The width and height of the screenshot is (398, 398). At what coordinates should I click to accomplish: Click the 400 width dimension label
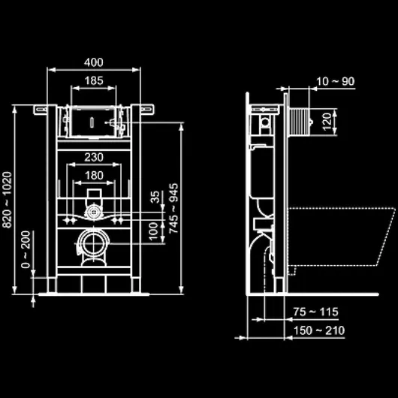94,62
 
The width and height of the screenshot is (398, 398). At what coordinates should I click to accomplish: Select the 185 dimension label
94,80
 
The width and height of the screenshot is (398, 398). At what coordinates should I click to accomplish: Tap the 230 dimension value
94,158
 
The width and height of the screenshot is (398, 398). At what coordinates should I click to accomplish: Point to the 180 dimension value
94,176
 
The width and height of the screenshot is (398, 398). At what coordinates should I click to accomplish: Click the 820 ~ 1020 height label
7,200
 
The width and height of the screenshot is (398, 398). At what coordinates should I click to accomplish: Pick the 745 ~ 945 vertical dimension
174,209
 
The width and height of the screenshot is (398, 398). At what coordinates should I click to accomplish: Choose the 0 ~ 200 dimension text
26,249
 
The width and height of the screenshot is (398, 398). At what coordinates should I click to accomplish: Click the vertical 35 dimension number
155,197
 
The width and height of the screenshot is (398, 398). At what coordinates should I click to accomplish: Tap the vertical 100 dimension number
153,231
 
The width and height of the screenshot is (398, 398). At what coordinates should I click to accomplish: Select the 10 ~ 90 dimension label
336,82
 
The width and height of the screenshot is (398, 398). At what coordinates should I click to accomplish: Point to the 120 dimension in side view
327,122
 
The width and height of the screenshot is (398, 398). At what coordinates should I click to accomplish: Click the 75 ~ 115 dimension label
315,312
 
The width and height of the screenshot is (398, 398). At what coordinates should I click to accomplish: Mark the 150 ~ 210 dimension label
319,330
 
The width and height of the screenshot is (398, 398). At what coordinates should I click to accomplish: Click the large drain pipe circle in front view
94,243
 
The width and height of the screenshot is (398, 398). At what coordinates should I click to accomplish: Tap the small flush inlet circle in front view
94,211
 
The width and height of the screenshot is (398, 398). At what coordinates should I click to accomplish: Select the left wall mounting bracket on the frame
40,110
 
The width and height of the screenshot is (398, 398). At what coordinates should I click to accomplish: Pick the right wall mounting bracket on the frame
147,109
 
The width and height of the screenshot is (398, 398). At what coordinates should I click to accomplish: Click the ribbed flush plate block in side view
299,122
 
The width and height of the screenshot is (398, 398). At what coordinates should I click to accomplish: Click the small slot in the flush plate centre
92,122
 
